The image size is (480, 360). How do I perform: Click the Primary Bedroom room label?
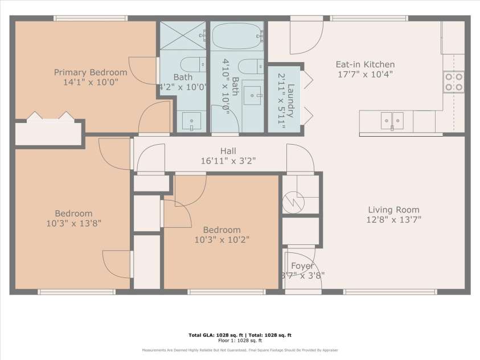coord(90,72)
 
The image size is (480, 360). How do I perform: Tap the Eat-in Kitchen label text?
coord(364,64)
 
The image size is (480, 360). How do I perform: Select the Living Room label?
coord(393,209)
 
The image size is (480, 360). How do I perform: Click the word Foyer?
coord(302,266)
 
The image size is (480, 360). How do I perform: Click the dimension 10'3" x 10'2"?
coord(221,239)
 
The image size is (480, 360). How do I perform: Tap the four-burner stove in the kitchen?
coord(454,81)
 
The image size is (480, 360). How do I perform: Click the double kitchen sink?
coord(392,120)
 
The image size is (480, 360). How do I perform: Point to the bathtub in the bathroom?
coord(237,37)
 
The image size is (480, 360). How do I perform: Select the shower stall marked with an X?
coord(182,38)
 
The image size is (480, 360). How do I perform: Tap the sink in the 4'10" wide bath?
coord(252,95)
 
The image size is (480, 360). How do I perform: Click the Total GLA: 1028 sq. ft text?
coord(216,335)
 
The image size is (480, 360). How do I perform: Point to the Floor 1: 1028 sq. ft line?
coord(240,341)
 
